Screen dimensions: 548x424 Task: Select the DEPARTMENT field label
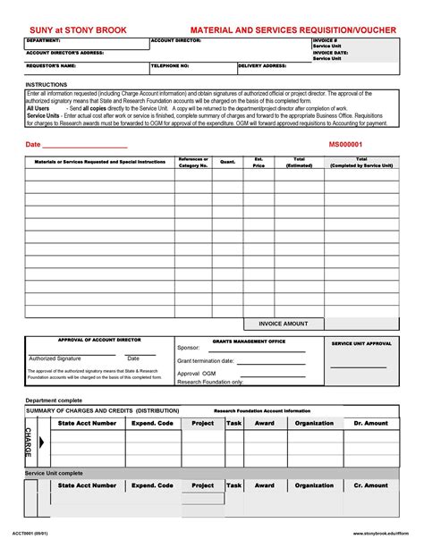click(x=43, y=41)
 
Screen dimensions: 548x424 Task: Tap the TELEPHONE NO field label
click(x=170, y=66)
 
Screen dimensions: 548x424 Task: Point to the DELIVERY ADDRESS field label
click(x=263, y=66)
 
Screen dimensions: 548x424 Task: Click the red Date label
click(x=33, y=144)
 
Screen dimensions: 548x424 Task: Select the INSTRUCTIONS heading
click(x=46, y=84)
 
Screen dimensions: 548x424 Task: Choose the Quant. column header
click(x=228, y=162)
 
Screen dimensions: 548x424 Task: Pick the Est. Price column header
click(x=259, y=162)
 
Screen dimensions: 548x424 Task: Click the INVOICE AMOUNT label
click(x=284, y=324)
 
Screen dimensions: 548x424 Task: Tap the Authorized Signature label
click(x=55, y=358)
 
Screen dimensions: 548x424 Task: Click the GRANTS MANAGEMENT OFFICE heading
click(x=249, y=341)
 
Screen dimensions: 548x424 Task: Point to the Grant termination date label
click(x=205, y=361)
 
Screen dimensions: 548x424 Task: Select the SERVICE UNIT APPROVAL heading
click(x=361, y=343)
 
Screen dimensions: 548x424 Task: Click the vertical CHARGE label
click(x=27, y=442)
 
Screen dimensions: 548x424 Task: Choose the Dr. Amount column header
click(x=370, y=423)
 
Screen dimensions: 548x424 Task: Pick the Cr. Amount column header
click(x=370, y=485)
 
